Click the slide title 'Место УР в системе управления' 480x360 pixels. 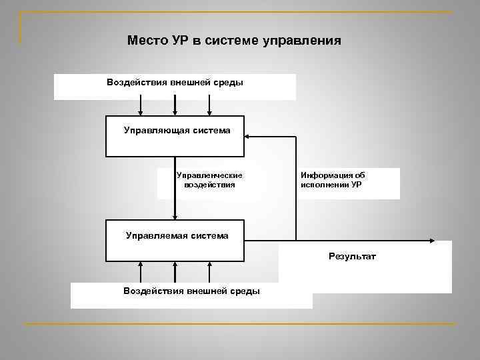pyautogui.click(x=234, y=41)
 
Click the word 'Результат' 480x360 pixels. pyautogui.click(x=352, y=256)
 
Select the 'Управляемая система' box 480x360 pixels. pyautogui.click(x=175, y=240)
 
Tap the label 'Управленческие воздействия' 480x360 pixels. pyautogui.click(x=209, y=181)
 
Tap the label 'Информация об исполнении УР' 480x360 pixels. pyautogui.click(x=333, y=180)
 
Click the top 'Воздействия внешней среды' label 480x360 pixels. pyautogui.click(x=175, y=83)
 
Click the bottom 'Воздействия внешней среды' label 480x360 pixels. pyautogui.click(x=192, y=291)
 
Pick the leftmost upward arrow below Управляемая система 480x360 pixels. pyautogui.click(x=141, y=272)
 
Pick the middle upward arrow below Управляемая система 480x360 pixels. pyautogui.click(x=175, y=272)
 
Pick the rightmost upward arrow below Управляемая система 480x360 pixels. pyautogui.click(x=210, y=272)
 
